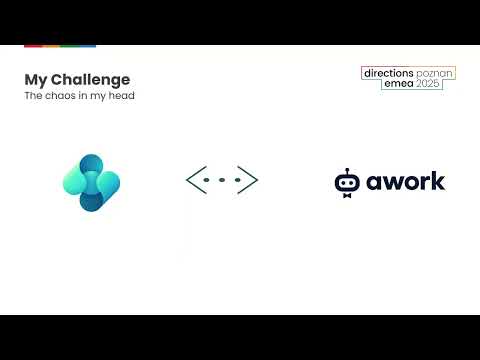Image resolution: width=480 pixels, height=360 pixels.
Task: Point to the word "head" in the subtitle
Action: [x=121, y=96]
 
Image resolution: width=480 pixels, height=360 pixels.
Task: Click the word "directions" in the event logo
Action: [x=389, y=74]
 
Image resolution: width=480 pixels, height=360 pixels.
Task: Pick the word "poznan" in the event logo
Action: [x=434, y=74]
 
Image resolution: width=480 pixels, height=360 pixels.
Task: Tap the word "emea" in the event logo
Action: [x=397, y=85]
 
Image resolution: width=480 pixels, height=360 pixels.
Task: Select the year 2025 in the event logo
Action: [x=427, y=85]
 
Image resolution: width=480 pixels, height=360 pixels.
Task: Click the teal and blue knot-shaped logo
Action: [x=91, y=183]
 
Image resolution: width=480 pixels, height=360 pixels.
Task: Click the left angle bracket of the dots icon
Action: [x=194, y=180]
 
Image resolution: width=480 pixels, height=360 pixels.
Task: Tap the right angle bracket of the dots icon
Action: [x=249, y=180]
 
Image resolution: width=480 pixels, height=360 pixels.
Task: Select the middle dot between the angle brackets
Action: [x=222, y=180]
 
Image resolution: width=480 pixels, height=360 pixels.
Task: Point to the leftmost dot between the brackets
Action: [x=207, y=180]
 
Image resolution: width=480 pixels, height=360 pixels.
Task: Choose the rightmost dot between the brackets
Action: [x=237, y=180]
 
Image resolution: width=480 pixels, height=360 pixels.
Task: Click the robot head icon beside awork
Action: [x=347, y=182]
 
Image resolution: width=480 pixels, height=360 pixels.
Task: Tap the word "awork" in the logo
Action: [x=406, y=182]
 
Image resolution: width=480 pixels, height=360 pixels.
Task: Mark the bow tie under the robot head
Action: [x=347, y=195]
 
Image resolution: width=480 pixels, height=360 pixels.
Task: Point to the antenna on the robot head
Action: [x=347, y=170]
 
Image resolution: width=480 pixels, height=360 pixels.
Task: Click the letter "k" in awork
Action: [x=439, y=181]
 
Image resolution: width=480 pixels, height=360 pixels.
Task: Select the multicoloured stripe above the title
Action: [x=60, y=46]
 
